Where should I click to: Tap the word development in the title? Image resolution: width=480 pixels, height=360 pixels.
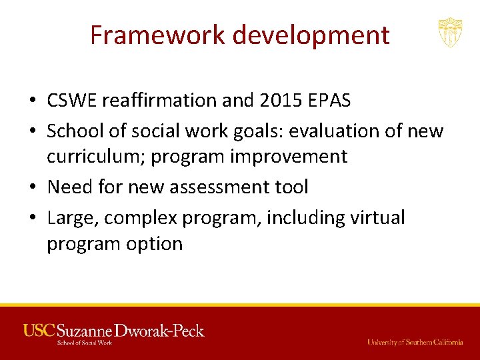pyautogui.click(x=312, y=35)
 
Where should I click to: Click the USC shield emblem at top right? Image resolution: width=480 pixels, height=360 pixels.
pyautogui.click(x=450, y=32)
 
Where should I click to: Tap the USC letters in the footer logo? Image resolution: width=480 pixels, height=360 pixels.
pyautogui.click(x=39, y=330)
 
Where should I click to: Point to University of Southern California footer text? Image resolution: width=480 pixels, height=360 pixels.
pyautogui.click(x=415, y=342)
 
